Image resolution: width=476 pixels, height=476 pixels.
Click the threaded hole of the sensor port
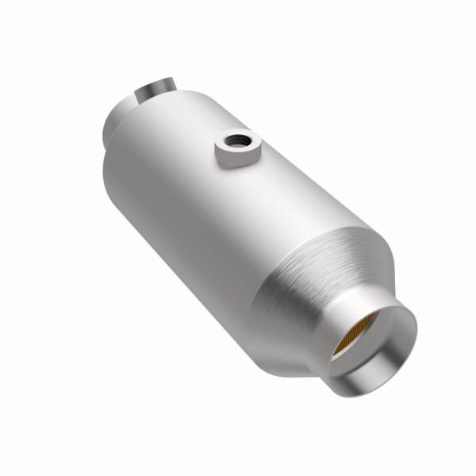tap(235, 141)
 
